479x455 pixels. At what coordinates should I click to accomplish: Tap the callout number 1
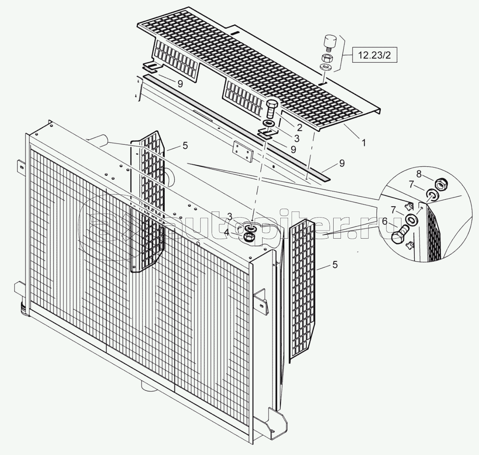coord(363,142)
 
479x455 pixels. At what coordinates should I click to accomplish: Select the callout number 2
coord(300,127)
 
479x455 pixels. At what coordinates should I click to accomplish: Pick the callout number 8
coord(418,174)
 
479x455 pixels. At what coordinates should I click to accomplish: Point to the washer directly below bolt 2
coord(269,124)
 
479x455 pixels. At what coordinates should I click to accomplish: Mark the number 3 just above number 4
coord(230,217)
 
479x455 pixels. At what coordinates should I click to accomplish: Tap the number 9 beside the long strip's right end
coord(342,163)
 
